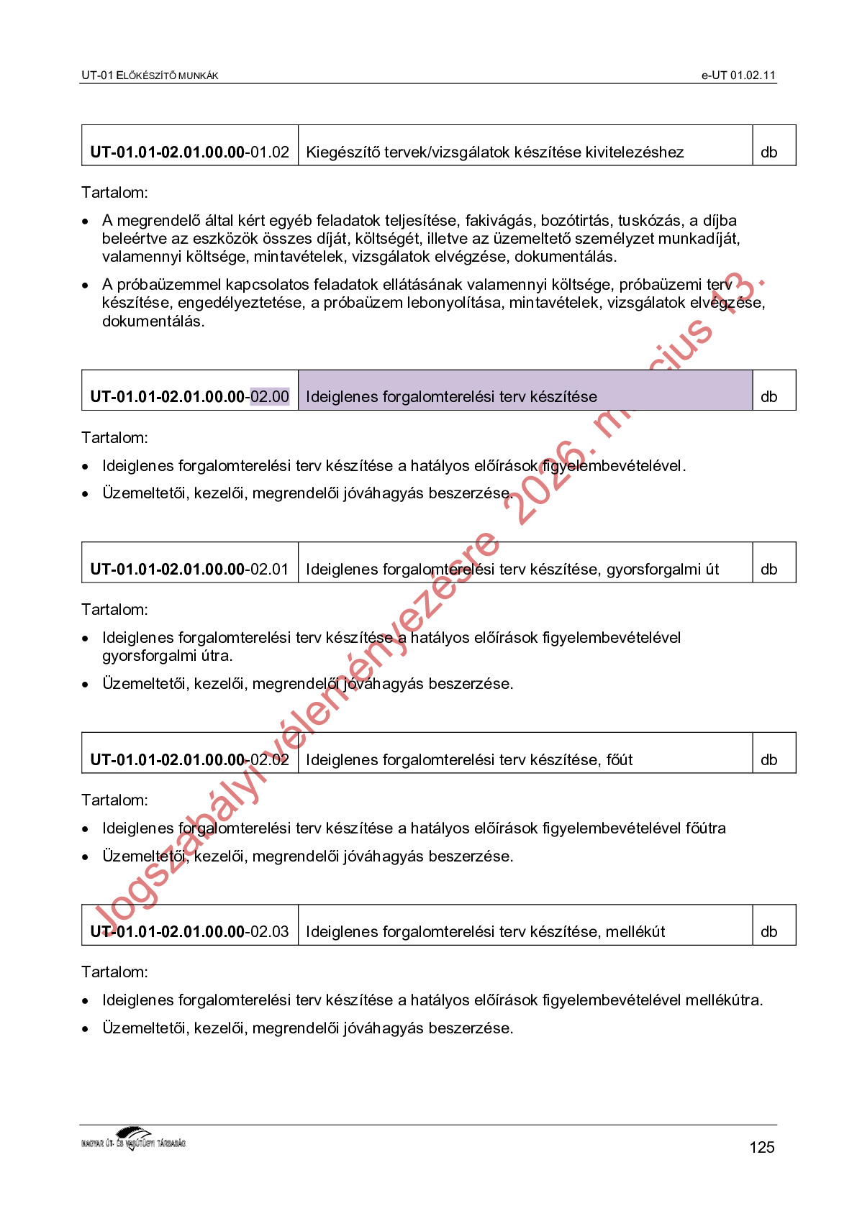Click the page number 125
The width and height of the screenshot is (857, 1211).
tap(761, 1147)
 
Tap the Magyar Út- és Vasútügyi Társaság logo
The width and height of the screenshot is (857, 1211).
tap(134, 1139)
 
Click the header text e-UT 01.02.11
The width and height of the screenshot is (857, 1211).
tap(738, 76)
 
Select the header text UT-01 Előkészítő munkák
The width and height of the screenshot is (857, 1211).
tap(150, 76)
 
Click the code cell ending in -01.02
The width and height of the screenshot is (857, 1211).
tap(190, 152)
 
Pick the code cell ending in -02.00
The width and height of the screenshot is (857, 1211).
tap(190, 396)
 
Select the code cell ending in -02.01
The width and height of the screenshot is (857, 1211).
tap(190, 569)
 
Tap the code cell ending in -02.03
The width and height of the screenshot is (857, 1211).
tap(190, 931)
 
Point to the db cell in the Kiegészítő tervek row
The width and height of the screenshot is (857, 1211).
tap(769, 152)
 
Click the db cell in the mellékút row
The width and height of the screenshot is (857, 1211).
tap(769, 931)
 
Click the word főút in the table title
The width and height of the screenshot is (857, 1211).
tap(620, 759)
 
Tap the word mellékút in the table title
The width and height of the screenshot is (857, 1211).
tap(635, 931)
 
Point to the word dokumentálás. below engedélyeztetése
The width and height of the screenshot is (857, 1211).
tap(153, 321)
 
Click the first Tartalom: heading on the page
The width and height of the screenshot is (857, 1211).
tap(114, 192)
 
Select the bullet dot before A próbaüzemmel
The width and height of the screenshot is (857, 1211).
tap(86, 286)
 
